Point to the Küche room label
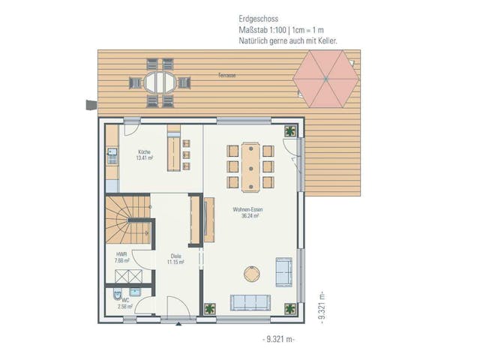(144, 151)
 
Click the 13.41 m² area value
(144, 158)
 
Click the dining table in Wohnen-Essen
(250, 166)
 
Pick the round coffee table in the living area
(251, 274)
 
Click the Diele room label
(175, 256)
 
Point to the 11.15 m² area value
(175, 262)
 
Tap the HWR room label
(121, 254)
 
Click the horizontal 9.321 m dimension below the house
(280, 340)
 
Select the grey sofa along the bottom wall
(250, 302)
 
